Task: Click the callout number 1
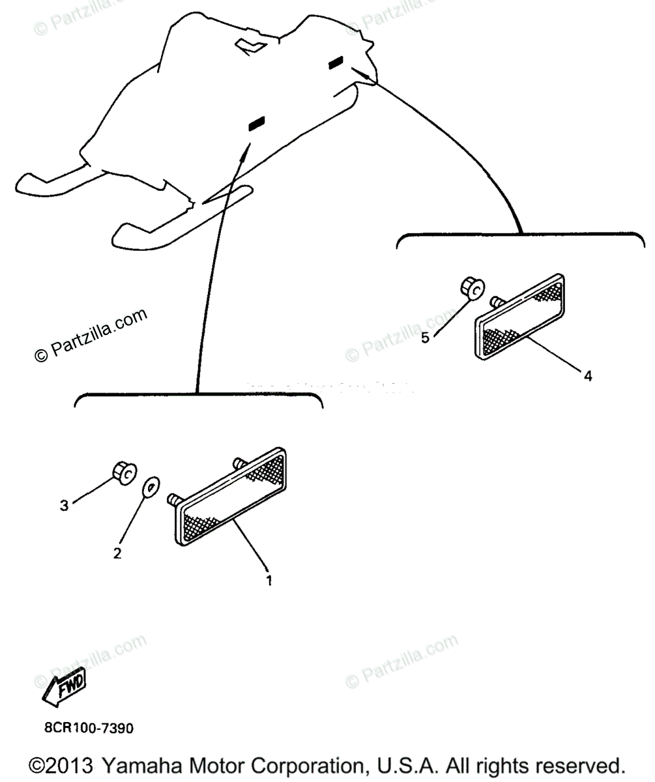(268, 579)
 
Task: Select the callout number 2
(117, 553)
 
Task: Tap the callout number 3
(64, 505)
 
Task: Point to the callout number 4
(587, 376)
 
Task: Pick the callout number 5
(425, 338)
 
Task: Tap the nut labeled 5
(472, 287)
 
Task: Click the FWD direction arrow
(64, 686)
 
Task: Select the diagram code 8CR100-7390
(89, 727)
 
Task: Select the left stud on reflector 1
(174, 499)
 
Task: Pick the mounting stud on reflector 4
(495, 300)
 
